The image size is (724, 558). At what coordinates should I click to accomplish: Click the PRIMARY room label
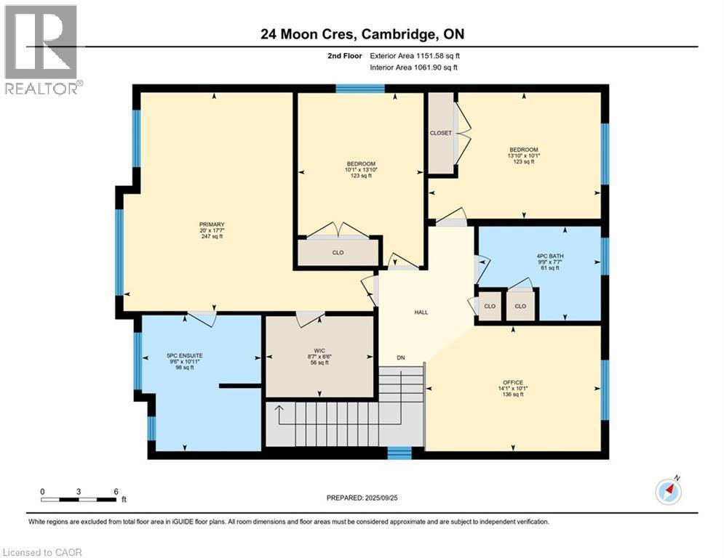pos(212,225)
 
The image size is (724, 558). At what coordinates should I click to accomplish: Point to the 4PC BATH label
pos(550,256)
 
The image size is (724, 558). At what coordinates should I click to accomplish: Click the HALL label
pos(421,312)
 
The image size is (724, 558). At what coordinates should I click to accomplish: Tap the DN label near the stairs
pos(400,357)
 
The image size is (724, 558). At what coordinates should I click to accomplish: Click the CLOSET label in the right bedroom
pos(440,133)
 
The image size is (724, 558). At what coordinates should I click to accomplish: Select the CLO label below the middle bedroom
pos(338,253)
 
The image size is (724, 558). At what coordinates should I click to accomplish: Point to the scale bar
pos(79,499)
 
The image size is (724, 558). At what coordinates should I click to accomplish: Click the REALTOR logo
pos(42,49)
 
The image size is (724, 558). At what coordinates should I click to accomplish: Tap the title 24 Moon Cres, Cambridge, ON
pos(362,33)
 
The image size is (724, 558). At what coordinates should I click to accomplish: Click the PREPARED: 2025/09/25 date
pos(362,498)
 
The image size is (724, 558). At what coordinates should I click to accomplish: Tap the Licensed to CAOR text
pos(42,552)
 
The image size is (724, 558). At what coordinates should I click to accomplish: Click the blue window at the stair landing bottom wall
pos(399,453)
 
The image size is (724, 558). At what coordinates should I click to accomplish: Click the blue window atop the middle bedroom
pos(360,89)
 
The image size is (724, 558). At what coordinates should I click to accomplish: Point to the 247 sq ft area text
pos(212,237)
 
